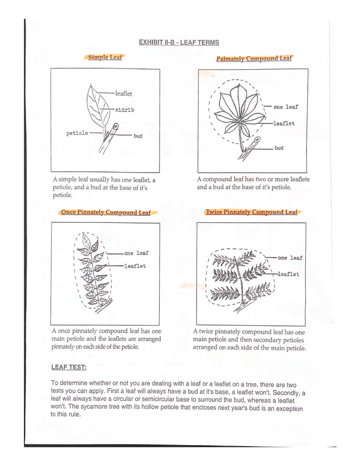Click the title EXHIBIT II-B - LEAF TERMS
click(x=179, y=42)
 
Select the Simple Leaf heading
click(x=105, y=57)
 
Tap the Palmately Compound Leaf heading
click(x=254, y=59)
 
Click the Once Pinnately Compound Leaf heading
click(x=106, y=212)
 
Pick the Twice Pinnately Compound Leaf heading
click(x=252, y=212)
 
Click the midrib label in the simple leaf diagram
click(x=124, y=110)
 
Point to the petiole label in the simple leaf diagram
click(x=77, y=133)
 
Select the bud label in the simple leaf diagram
click(x=138, y=136)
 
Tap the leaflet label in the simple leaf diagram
click(x=124, y=93)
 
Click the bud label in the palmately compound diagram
click(x=279, y=148)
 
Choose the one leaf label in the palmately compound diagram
click(x=286, y=107)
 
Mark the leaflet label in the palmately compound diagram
click(x=284, y=123)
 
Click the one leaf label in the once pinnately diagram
click(x=136, y=253)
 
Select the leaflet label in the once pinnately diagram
click(x=135, y=266)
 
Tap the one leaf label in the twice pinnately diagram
click(x=290, y=258)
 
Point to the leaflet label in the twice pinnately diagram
click(x=289, y=274)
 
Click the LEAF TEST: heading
click(x=69, y=367)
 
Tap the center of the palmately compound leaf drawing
click(x=239, y=119)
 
